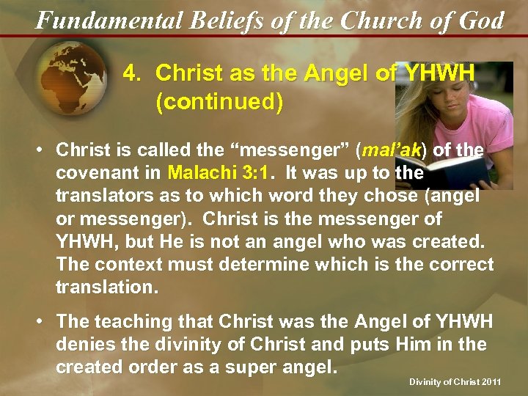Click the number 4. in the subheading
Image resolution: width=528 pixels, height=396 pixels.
tap(132, 73)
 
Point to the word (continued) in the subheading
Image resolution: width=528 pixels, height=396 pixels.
tap(219, 102)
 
